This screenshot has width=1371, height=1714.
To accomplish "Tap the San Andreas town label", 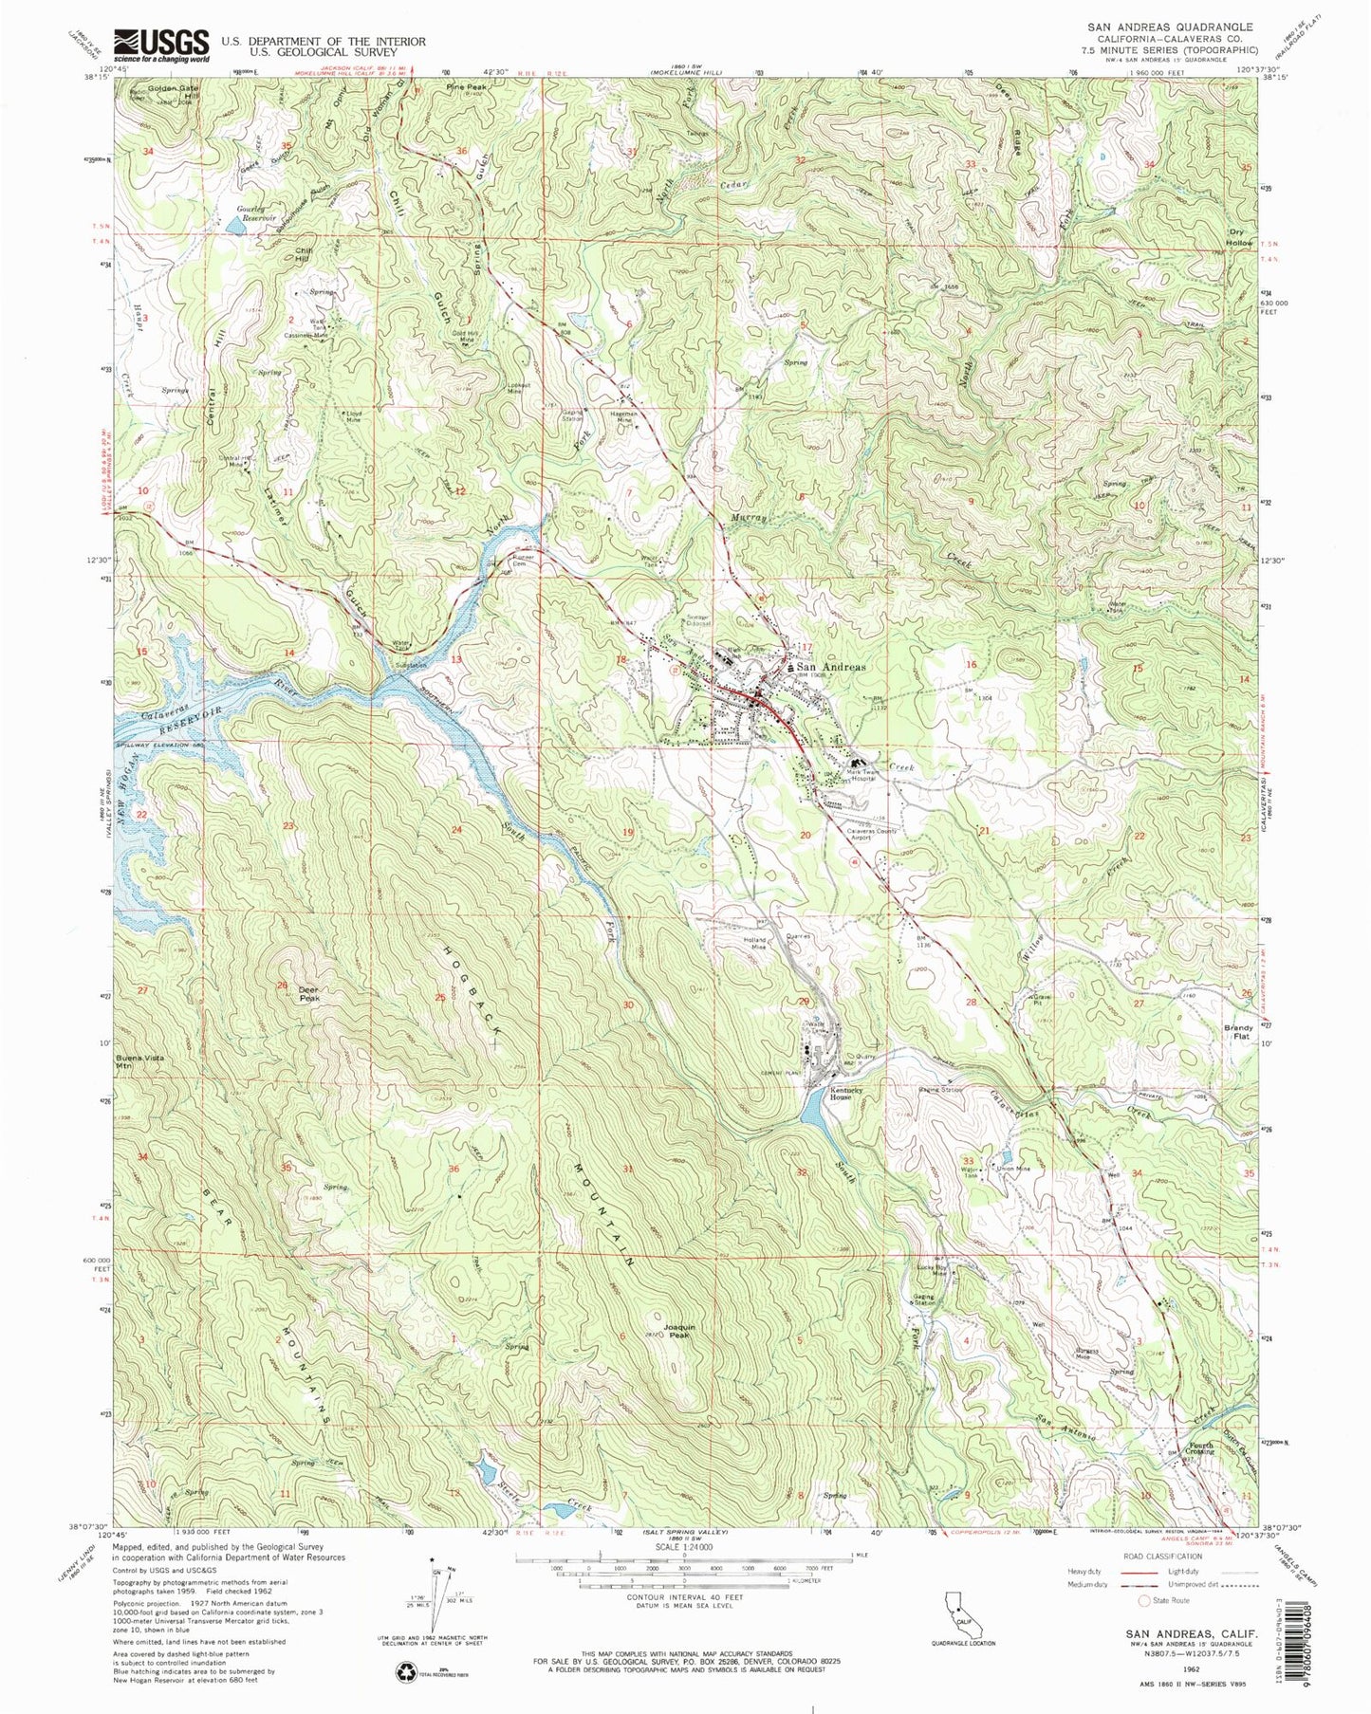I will pos(830,667).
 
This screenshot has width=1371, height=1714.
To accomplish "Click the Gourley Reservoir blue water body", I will pos(232,227).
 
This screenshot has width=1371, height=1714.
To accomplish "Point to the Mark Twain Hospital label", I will pos(862,774).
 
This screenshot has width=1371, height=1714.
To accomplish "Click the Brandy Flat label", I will pos(1237,1032).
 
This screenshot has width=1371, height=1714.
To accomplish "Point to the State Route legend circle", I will pos(1145,1600).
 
